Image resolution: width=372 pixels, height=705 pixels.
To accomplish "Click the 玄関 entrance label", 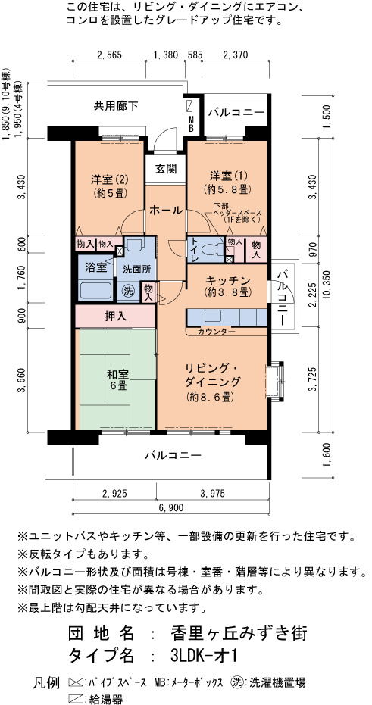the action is click(165, 169).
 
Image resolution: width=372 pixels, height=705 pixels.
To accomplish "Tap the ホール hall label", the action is click(165, 210).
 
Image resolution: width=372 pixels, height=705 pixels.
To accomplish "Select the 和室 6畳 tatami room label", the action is click(118, 380).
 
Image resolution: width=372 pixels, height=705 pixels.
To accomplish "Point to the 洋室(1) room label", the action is click(227, 182).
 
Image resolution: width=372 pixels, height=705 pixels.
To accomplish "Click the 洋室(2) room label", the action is click(109, 186).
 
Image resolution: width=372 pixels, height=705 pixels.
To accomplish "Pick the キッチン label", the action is click(227, 285).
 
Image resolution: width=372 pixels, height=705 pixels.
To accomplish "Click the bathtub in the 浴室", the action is click(95, 291).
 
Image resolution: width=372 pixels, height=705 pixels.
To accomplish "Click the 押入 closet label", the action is click(116, 316).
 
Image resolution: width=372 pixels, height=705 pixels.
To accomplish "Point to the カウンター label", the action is click(217, 332).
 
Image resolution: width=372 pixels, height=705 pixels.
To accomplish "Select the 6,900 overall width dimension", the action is click(170, 507).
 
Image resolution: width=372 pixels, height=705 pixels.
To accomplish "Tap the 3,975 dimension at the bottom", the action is click(212, 493).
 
